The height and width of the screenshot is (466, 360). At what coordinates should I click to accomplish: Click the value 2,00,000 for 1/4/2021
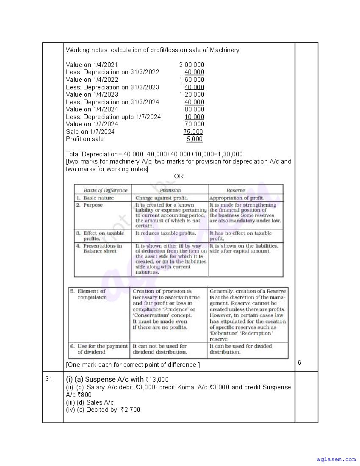tap(191, 65)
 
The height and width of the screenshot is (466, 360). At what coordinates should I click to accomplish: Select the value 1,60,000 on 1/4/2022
tap(191, 80)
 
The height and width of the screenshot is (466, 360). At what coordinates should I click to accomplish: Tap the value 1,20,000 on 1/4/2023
tap(191, 94)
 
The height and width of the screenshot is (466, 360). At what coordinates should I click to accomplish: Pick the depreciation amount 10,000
tap(194, 117)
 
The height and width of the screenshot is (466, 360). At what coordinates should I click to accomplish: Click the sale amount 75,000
tap(193, 132)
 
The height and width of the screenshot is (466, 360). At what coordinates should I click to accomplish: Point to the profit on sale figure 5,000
tap(194, 139)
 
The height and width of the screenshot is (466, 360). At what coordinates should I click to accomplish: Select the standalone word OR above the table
tap(179, 176)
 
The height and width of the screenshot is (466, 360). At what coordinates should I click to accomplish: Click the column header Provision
tap(170, 191)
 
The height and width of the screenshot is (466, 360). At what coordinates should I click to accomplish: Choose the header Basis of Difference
tap(105, 191)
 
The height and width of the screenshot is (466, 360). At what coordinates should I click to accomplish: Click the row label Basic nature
tap(98, 198)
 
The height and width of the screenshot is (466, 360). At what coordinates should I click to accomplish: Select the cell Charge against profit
tap(161, 198)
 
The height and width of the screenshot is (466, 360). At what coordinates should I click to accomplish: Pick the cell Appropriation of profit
tap(236, 198)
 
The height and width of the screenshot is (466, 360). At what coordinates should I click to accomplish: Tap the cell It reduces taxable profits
tap(166, 233)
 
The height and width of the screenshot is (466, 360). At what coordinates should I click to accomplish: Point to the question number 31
tap(49, 379)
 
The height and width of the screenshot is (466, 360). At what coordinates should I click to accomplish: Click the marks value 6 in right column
tap(299, 363)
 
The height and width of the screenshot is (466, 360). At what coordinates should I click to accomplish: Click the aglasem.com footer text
tap(336, 459)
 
